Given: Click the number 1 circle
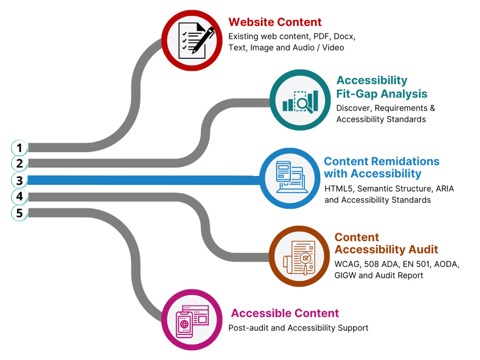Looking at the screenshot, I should point(19,148).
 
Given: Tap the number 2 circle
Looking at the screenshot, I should point(19,163).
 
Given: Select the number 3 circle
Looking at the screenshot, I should point(19,180).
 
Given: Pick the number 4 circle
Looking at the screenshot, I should point(19,196).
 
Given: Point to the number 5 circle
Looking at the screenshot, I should point(19,213).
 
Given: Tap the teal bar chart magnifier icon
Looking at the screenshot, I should point(300,100).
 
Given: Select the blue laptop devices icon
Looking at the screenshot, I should point(290,178).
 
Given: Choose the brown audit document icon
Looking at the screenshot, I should point(300,256).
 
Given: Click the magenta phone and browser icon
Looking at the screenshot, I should point(192,320).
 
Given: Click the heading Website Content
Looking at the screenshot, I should point(275,22).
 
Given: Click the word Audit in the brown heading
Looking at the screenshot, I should point(423,250).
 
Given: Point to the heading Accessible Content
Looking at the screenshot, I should point(285,313).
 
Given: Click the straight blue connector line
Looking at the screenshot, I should point(144,180).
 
